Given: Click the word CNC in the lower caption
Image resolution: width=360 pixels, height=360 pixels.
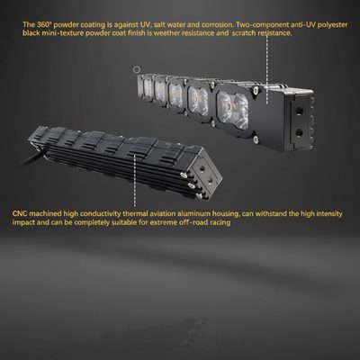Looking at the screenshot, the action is [20, 214].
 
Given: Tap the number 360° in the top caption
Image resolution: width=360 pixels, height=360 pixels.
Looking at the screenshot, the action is [42, 24].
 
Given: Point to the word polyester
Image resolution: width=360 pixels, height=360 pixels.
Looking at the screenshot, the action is [332, 25].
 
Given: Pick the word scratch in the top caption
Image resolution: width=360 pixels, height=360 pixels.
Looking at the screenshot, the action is [243, 33].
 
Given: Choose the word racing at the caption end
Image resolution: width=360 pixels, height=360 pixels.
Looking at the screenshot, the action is [221, 223].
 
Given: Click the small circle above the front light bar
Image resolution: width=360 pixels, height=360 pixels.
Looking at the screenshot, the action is [137, 70].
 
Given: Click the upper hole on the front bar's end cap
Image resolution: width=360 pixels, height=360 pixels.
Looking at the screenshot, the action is [299, 111].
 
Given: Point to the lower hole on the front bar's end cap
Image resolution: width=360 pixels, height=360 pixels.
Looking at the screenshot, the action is [299, 132].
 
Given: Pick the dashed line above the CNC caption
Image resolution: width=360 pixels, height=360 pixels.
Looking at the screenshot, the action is [135, 181].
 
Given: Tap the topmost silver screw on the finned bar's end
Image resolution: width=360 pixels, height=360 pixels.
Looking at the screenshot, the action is [183, 175].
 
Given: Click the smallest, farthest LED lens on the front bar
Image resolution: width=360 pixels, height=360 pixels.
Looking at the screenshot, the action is [148, 87].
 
